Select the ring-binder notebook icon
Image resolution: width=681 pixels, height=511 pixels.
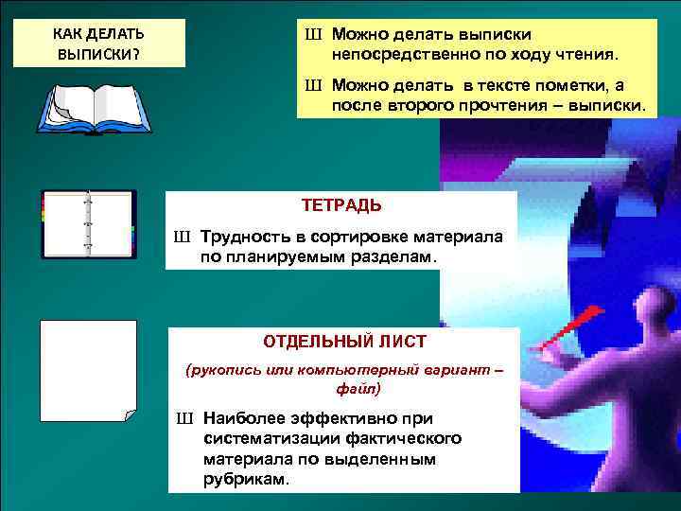pos(89,224)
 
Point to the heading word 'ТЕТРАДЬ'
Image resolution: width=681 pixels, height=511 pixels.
pos(341,204)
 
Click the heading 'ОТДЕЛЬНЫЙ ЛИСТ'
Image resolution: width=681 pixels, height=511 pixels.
pos(344,340)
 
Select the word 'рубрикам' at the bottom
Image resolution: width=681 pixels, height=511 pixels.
pos(245,479)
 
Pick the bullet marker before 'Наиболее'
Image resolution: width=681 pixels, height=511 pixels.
pos(183,418)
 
